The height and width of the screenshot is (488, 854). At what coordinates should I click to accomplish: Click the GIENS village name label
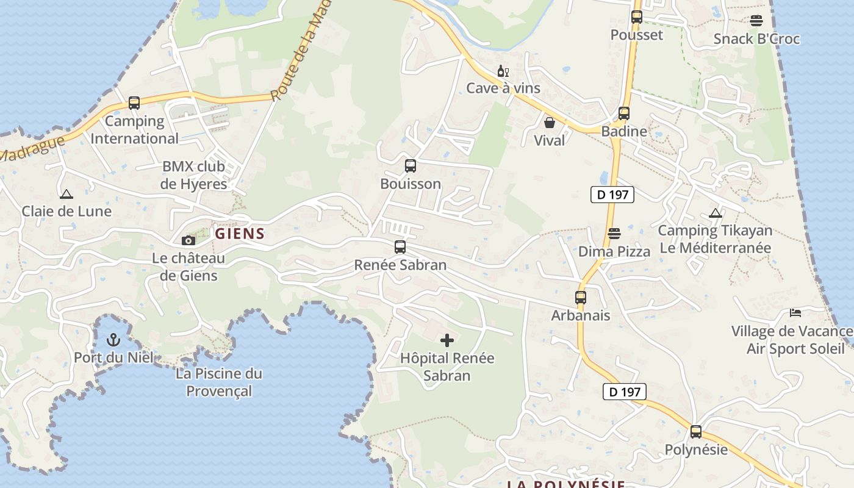point(240,234)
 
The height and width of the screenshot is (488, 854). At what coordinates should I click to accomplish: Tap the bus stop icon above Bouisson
point(411,165)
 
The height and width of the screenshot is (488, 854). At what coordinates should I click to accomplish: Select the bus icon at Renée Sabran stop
point(400,247)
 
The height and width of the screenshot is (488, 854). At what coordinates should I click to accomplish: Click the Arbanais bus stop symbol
point(581,298)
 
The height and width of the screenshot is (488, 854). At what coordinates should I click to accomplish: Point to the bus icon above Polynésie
point(696,432)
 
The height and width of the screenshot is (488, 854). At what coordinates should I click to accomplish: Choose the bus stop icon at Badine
point(624,113)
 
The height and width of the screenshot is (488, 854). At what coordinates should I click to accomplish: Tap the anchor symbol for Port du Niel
point(113,339)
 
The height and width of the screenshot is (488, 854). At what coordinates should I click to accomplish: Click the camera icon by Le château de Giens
point(188,240)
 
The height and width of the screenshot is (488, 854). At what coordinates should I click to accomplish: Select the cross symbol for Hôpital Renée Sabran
point(447,340)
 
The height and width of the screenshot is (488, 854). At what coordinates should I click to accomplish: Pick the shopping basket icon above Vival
point(550,123)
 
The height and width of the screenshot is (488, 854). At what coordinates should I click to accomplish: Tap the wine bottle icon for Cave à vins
point(503,71)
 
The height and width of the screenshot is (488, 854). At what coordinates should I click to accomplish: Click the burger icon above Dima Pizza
point(614,234)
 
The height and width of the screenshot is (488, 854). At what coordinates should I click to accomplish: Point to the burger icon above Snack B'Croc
point(756,21)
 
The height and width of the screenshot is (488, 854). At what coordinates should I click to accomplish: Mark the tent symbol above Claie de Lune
point(66,194)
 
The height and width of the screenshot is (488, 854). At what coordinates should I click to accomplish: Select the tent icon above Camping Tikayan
point(716,213)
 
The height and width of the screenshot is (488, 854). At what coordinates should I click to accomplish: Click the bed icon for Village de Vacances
point(795,313)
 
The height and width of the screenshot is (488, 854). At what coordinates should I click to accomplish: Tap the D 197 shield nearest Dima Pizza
point(612,195)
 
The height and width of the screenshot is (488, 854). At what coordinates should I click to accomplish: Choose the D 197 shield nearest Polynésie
point(624,392)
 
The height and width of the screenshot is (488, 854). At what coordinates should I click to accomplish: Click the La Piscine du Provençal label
point(219,382)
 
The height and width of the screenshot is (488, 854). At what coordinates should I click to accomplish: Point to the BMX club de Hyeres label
point(193,175)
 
